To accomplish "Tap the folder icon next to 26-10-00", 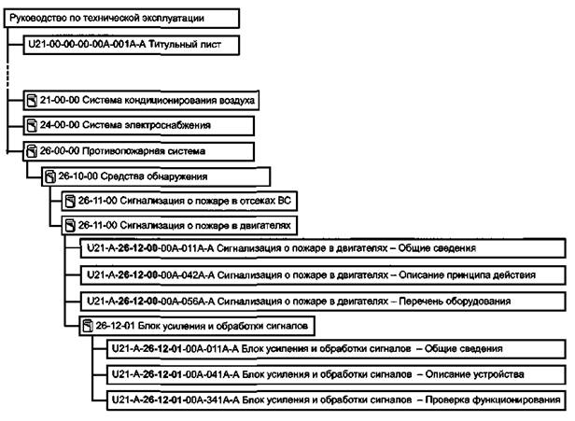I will (x=49, y=175).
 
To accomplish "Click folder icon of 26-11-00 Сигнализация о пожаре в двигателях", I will (x=67, y=225).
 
